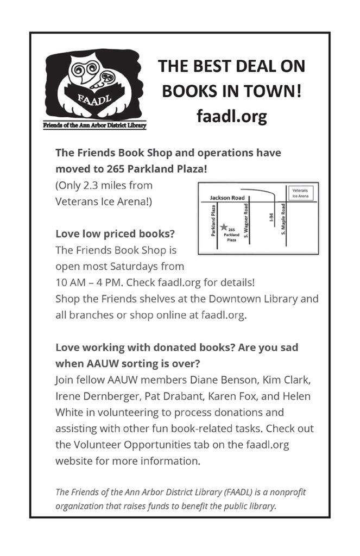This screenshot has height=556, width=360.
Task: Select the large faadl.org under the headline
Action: pos(231,116)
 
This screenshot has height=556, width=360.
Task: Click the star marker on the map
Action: pos(223,227)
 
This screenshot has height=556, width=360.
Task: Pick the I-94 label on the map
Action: pos(271,218)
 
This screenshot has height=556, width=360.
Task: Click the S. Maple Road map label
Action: pos(283,219)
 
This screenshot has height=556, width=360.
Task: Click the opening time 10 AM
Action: pos(72,283)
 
